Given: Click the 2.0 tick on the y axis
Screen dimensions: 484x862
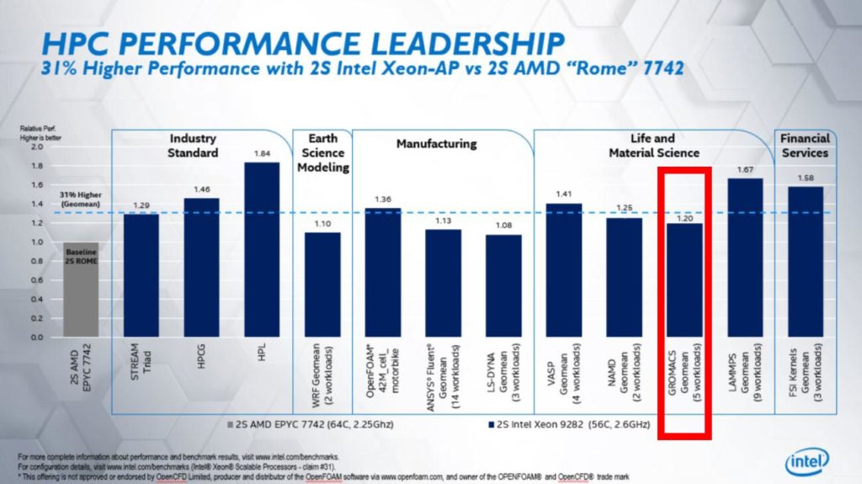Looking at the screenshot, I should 35,146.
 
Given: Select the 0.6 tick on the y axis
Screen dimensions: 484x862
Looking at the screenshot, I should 35,280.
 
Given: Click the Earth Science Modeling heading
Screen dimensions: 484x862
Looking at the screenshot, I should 321,153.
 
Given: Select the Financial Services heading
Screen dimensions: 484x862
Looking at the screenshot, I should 804,145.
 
